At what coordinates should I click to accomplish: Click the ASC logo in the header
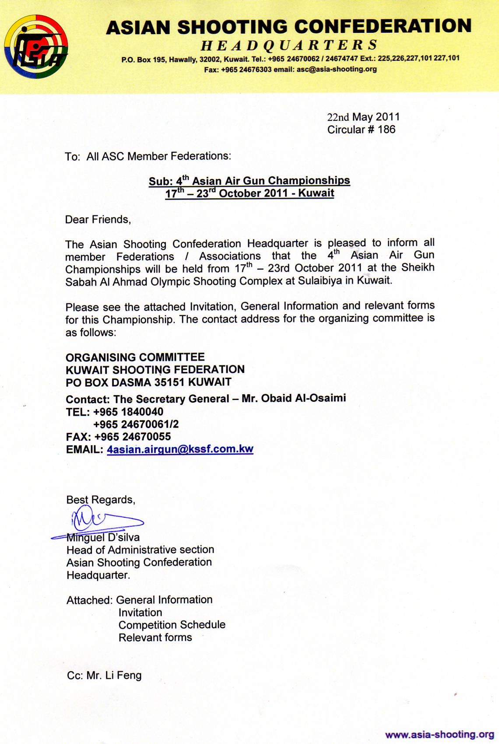tap(36, 46)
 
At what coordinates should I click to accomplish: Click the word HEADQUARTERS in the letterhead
tap(289, 45)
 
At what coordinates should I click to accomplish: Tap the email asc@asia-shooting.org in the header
tap(337, 69)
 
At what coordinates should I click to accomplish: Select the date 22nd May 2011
tap(363, 117)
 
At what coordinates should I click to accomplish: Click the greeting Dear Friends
tap(98, 219)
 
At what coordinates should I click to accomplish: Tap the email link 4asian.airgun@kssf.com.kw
tap(180, 449)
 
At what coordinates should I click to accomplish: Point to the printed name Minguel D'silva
tap(103, 537)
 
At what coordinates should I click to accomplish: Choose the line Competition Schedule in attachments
tap(172, 625)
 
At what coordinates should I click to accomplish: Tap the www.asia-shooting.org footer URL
tap(439, 734)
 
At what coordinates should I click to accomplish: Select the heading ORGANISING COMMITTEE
tap(135, 357)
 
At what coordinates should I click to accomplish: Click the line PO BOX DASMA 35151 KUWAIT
tap(148, 382)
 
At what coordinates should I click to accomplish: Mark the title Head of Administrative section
tap(140, 550)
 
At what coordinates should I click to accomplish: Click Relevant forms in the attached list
tap(155, 637)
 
